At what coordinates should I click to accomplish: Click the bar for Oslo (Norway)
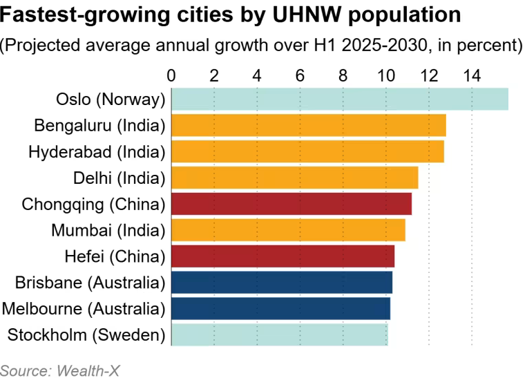click(x=339, y=100)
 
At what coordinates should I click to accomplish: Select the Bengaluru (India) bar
click(x=308, y=126)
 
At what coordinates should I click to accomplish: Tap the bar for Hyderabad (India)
click(x=307, y=151)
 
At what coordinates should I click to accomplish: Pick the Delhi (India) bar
click(x=294, y=178)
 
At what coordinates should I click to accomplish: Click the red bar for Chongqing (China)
click(x=291, y=204)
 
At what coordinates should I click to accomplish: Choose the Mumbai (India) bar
click(x=288, y=230)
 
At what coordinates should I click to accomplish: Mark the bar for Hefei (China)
click(x=283, y=256)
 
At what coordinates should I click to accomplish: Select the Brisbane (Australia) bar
click(x=281, y=283)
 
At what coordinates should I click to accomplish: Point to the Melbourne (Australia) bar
click(x=280, y=308)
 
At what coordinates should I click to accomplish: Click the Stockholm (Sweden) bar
click(x=279, y=334)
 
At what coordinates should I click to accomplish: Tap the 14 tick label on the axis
click(x=472, y=75)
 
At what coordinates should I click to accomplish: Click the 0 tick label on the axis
click(x=171, y=75)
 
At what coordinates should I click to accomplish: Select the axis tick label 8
click(x=343, y=75)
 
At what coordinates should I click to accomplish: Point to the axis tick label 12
click(x=429, y=75)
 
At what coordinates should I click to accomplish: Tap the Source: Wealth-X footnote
click(x=55, y=370)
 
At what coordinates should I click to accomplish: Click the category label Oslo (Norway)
click(x=111, y=100)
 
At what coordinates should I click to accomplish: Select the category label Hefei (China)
click(x=115, y=256)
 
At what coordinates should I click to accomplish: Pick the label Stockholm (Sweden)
click(x=86, y=335)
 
